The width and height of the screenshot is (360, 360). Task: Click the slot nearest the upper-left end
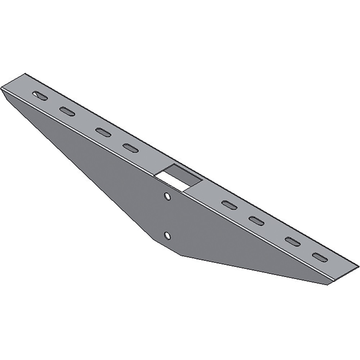click(x=40, y=96)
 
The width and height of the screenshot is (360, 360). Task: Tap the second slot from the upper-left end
click(x=67, y=112)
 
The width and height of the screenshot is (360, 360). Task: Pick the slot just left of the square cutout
click(x=130, y=148)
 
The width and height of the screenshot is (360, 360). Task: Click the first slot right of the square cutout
click(x=229, y=205)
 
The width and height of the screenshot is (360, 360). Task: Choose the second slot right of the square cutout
click(x=256, y=220)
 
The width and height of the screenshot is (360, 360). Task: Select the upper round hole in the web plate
click(x=167, y=196)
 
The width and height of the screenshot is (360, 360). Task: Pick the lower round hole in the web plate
click(x=167, y=235)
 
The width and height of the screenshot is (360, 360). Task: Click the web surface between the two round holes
click(x=167, y=216)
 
